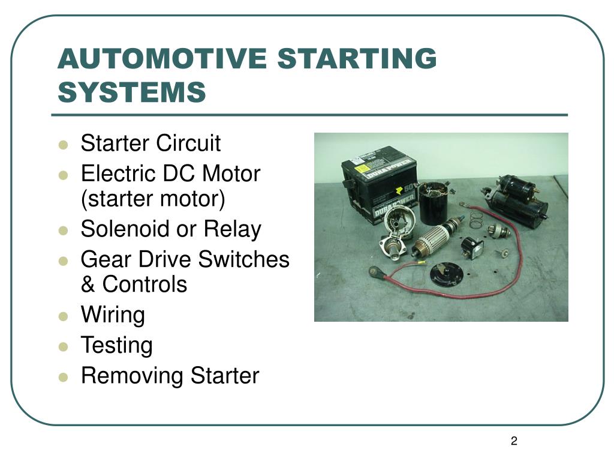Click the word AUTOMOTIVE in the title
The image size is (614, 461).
[x=162, y=58]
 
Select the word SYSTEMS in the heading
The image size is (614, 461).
[x=132, y=92]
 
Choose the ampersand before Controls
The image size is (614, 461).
[x=88, y=284]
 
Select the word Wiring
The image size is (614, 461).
[x=113, y=315]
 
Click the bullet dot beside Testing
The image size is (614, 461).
[x=63, y=346]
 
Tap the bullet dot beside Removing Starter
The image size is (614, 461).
[x=63, y=377]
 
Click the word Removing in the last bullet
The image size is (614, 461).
[x=133, y=376]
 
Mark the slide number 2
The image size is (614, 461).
[x=514, y=441]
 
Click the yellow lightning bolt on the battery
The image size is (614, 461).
[x=399, y=191]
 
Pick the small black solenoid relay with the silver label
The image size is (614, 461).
[x=471, y=247]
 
